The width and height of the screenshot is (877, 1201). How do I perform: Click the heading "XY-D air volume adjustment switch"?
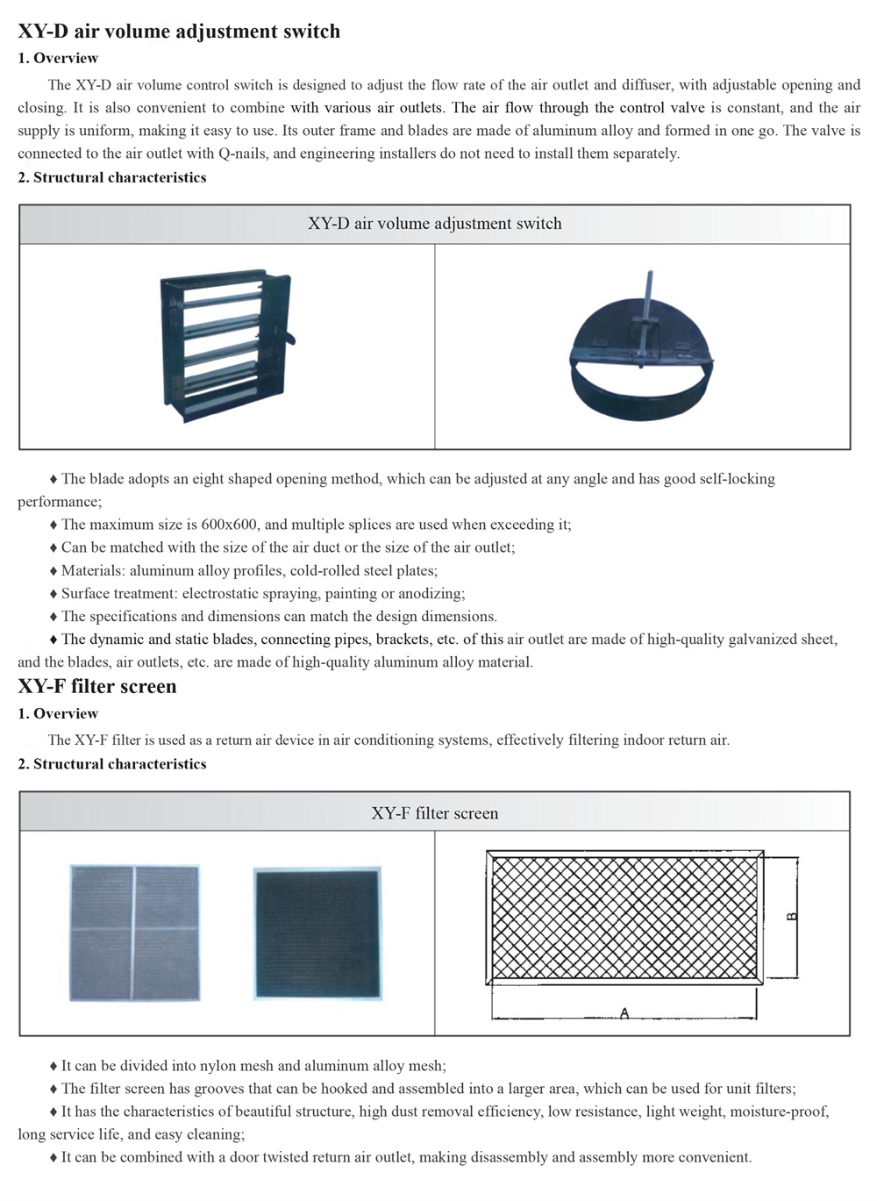tap(179, 32)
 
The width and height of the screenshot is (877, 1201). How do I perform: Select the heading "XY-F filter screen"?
tap(97, 686)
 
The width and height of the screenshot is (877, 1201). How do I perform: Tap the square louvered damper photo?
tap(225, 347)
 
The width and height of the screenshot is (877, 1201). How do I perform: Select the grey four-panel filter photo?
tap(134, 933)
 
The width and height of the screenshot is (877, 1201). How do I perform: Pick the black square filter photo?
tap(317, 933)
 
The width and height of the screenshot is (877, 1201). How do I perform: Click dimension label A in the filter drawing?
tap(624, 1013)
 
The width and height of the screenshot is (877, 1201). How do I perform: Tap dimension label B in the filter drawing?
tap(791, 916)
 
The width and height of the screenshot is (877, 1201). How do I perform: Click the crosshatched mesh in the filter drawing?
tap(624, 917)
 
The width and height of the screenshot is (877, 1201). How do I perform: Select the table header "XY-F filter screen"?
tap(434, 813)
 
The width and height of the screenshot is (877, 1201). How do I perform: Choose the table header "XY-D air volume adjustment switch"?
tap(434, 224)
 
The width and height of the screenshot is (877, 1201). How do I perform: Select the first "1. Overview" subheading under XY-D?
tap(58, 58)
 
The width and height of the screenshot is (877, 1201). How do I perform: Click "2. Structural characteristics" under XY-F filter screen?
tap(112, 764)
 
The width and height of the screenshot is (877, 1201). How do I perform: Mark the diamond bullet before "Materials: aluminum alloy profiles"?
tap(53, 571)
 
